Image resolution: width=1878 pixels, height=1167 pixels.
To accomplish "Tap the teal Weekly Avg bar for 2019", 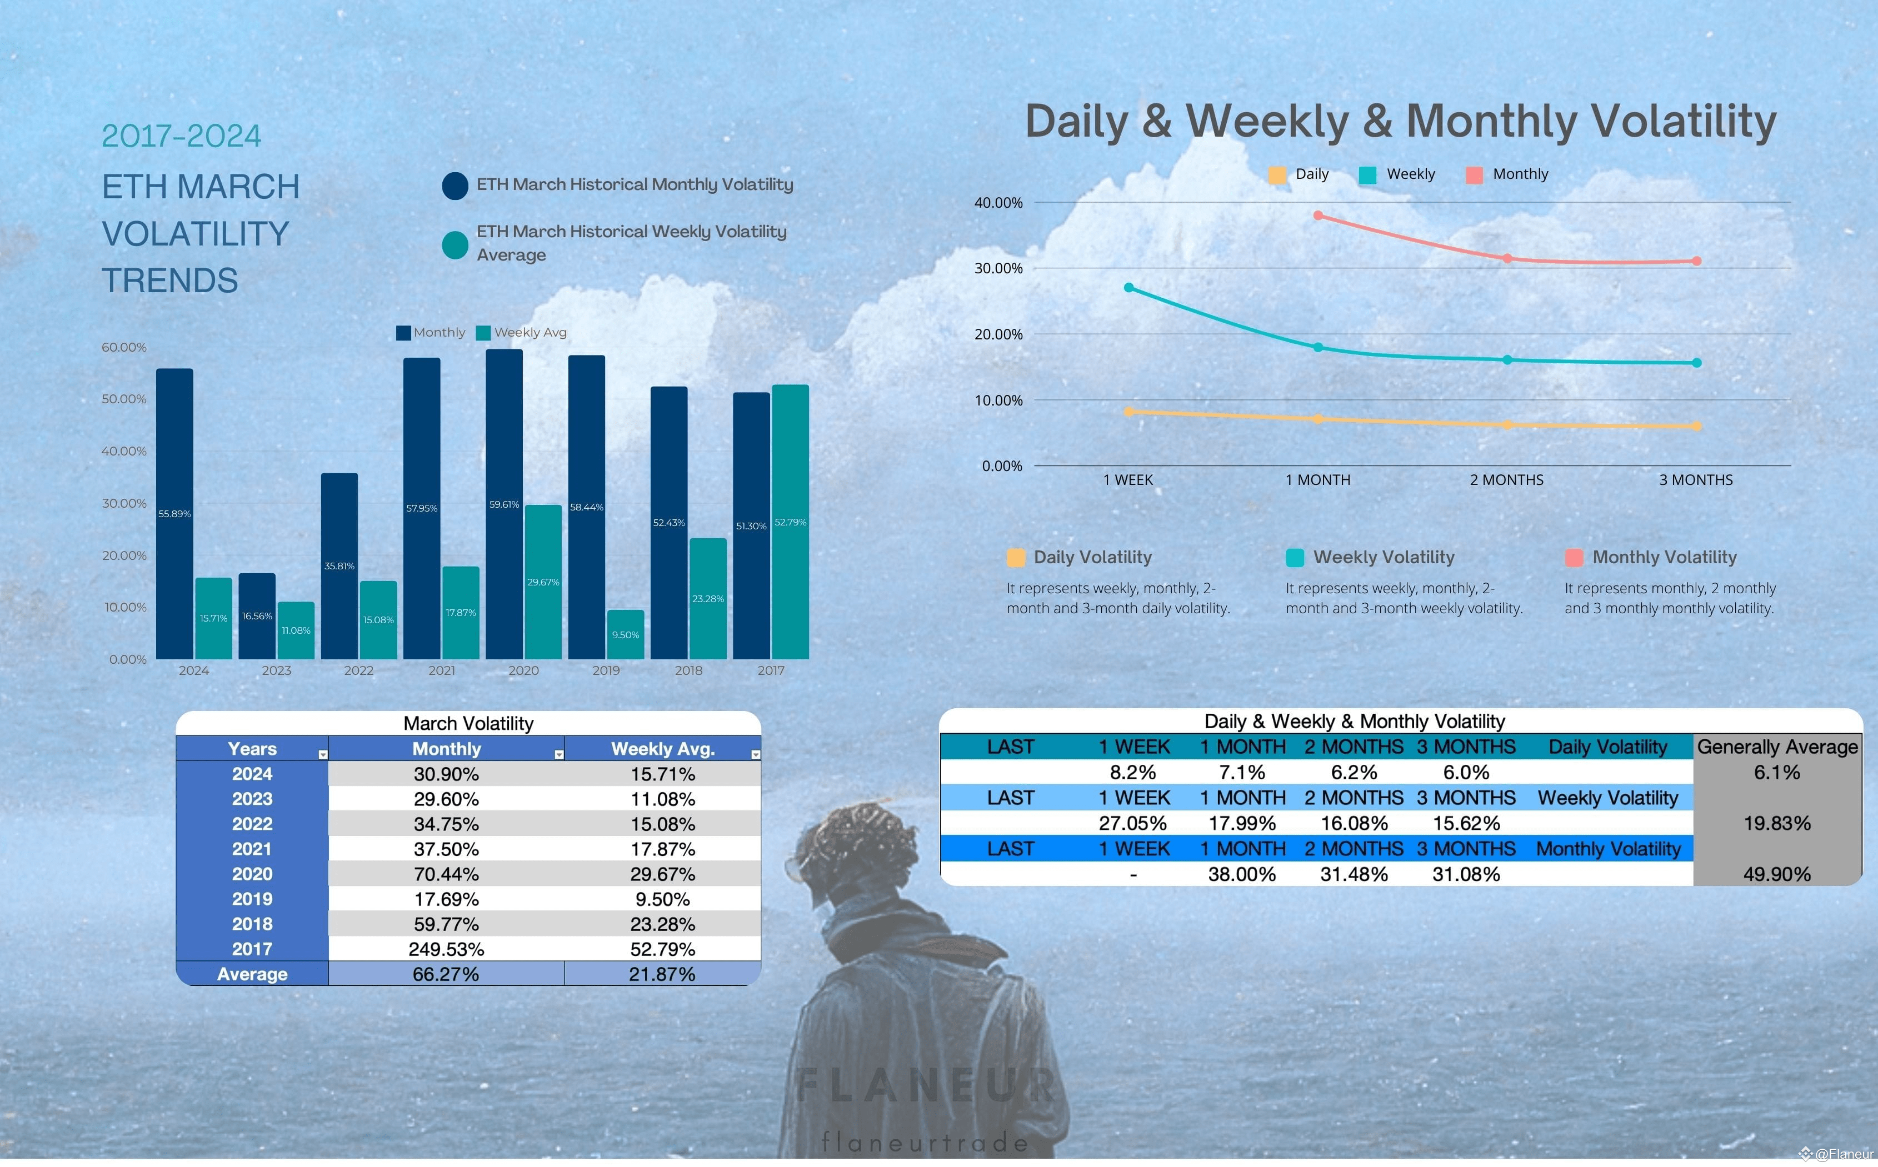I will [x=625, y=634].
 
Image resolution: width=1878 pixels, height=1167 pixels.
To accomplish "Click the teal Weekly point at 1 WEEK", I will [x=1128, y=287].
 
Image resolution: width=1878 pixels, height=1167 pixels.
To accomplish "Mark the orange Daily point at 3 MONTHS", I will [x=1697, y=426].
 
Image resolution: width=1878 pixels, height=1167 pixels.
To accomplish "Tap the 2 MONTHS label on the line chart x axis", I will [x=1507, y=480].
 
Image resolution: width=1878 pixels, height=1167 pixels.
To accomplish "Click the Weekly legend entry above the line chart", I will [x=1398, y=174].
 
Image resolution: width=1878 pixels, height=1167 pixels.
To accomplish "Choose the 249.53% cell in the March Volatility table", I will [x=446, y=949].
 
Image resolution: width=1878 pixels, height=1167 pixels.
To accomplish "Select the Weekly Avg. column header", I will [x=662, y=749].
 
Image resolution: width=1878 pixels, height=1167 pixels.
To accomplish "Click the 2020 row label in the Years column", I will [x=252, y=874].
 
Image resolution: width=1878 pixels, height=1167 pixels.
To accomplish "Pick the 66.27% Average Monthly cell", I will [x=446, y=974].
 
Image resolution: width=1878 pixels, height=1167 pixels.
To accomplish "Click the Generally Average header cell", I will [x=1777, y=747].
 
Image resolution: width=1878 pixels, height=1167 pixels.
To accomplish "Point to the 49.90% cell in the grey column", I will [x=1777, y=874].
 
